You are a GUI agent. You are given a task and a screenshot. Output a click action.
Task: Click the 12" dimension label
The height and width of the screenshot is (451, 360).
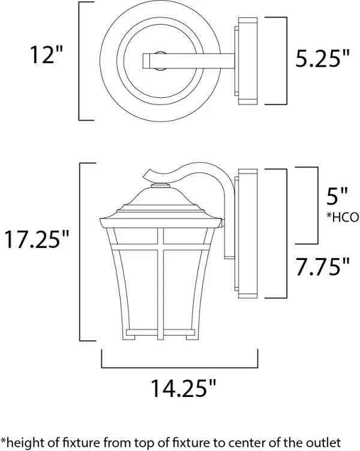(47, 56)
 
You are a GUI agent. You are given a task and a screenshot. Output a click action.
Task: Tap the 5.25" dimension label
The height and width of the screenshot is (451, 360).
(322, 58)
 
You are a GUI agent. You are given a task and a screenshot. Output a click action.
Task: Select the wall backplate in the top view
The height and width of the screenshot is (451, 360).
(247, 60)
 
